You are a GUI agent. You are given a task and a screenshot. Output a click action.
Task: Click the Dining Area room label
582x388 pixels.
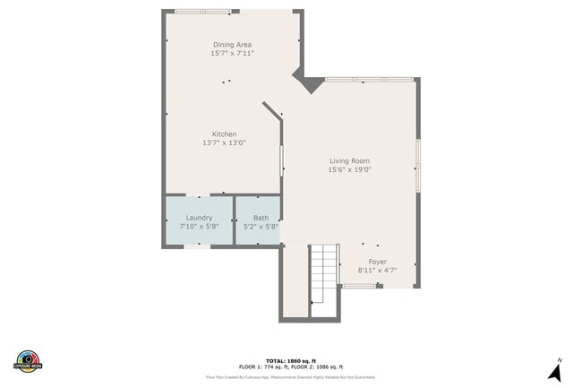[x=232, y=45]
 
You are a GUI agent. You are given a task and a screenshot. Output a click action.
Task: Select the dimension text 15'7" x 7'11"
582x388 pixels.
[x=232, y=54]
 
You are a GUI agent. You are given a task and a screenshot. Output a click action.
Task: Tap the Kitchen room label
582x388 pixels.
[x=224, y=134]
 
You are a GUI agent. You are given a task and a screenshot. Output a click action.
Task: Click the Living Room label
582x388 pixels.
[x=349, y=160]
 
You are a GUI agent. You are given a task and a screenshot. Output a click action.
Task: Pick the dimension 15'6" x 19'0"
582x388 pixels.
[x=349, y=169]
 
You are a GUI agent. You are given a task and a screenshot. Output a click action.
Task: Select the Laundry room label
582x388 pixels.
[x=199, y=218]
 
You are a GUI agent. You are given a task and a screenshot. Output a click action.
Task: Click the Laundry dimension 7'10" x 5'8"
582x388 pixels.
[x=199, y=227]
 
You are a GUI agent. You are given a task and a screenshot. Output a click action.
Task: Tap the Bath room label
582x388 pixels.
[x=261, y=218]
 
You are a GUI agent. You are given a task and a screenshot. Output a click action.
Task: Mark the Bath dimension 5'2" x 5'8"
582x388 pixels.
[x=261, y=227]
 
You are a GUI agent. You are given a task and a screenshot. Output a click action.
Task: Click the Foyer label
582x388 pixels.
[x=377, y=261]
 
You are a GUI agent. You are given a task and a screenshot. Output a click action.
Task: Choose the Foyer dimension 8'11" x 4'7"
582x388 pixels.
[x=377, y=270]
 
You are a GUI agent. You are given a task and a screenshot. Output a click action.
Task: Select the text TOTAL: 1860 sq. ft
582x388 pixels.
[x=291, y=359]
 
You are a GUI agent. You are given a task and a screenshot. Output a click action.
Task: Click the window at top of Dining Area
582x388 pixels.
[x=202, y=12]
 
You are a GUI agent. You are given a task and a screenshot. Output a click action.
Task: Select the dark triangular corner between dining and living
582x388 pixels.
[x=310, y=83]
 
